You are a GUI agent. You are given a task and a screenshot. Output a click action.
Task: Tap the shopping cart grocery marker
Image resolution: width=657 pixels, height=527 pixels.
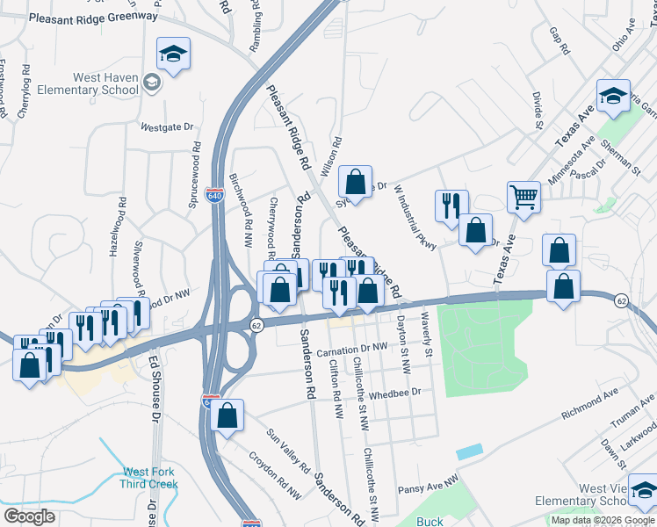(523, 198)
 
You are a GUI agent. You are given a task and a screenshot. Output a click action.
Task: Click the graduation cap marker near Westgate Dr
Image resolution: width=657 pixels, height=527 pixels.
(173, 55)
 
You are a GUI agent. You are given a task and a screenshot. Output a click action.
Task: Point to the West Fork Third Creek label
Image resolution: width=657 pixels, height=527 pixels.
(150, 478)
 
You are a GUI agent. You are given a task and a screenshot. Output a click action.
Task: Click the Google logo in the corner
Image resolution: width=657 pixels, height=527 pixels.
(29, 516)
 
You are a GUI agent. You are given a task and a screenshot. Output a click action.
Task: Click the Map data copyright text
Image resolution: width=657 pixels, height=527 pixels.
(603, 520)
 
